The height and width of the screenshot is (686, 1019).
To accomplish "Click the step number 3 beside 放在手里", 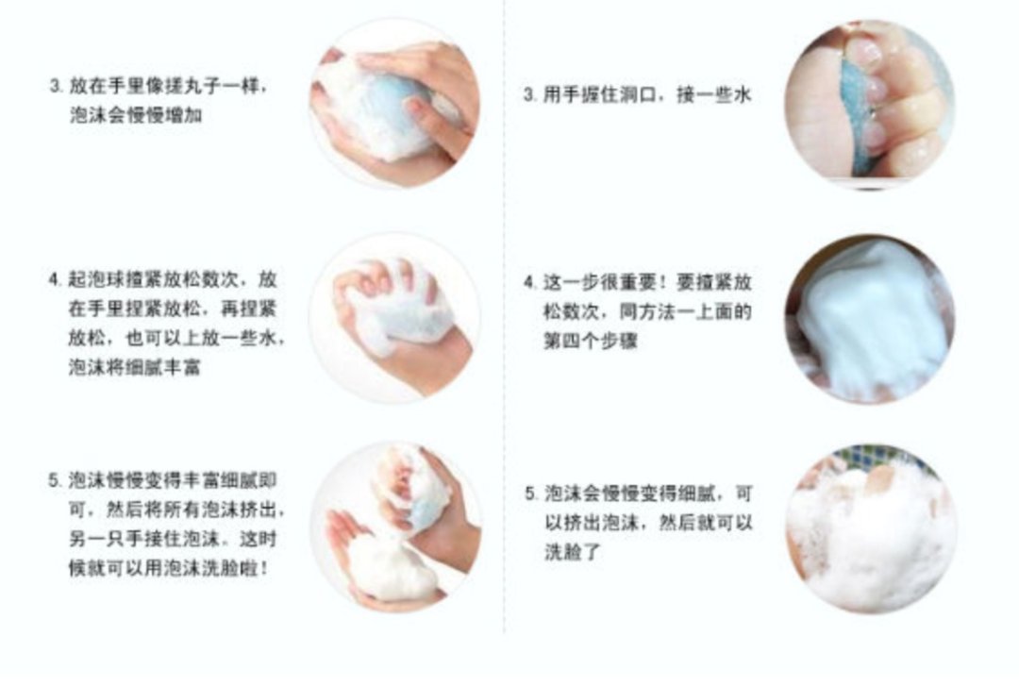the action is click(56, 86).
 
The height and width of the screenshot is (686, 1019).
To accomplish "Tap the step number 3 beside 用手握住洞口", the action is click(529, 95).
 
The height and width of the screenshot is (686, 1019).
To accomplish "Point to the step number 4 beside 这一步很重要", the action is click(529, 282).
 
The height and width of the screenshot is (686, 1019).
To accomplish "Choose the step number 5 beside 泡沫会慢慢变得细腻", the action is click(530, 494).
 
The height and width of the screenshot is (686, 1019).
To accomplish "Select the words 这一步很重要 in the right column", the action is click(600, 282).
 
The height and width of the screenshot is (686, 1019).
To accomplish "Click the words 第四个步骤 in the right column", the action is click(591, 341).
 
